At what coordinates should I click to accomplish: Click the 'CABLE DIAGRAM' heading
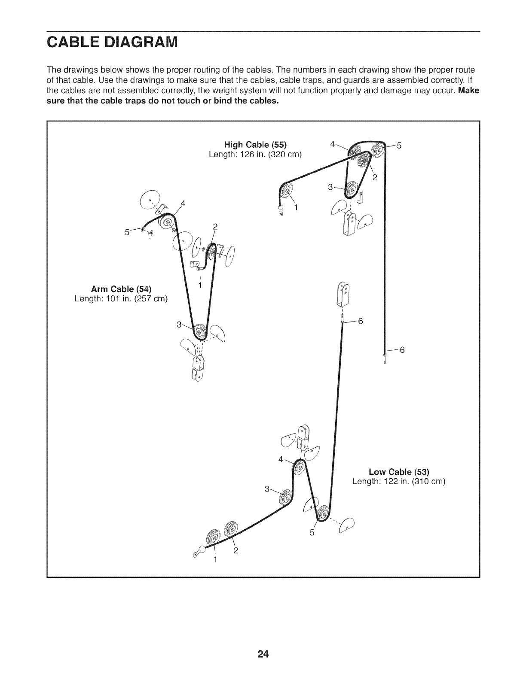pos(111,43)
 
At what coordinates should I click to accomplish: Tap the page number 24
pos(263,642)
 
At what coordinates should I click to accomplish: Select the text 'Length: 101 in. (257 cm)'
pos(121,298)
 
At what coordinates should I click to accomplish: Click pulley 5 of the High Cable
pos(379,150)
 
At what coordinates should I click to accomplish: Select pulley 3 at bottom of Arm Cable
pos(200,332)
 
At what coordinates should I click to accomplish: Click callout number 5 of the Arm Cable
pos(127,232)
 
